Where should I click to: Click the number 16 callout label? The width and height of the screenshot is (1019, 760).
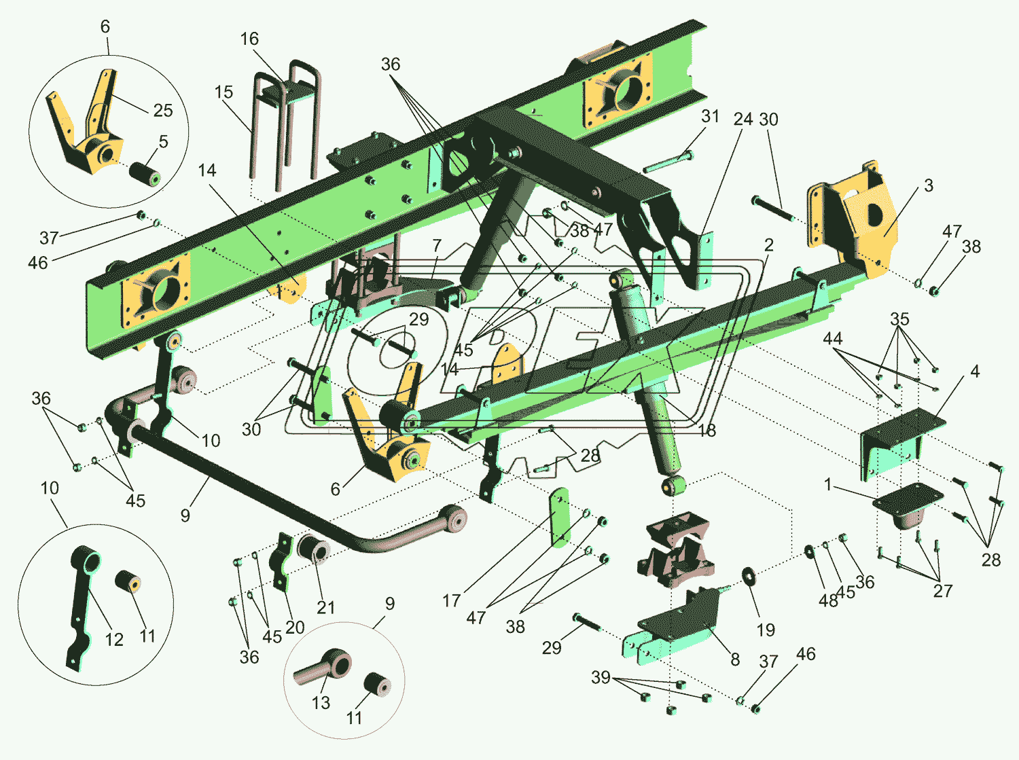(249, 39)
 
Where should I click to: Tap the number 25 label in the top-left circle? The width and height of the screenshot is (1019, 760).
(163, 111)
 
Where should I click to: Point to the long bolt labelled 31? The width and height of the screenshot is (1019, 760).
(668, 162)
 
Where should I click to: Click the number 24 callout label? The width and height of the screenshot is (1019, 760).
(743, 120)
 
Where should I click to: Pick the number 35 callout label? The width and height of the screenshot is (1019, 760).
(899, 319)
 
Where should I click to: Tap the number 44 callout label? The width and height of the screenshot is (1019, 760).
(832, 338)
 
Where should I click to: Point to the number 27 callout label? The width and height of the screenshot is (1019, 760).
(942, 591)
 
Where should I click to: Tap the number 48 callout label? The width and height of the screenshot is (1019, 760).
(828, 601)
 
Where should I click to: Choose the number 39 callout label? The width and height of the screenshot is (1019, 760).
(601, 677)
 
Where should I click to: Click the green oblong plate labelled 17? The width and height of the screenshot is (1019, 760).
(560, 517)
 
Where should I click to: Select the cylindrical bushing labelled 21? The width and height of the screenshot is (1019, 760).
(313, 548)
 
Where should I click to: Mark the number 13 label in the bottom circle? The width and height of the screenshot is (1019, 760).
(321, 703)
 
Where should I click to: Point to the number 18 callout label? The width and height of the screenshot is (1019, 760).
(707, 431)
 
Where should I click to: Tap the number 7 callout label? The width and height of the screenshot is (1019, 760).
(436, 246)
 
